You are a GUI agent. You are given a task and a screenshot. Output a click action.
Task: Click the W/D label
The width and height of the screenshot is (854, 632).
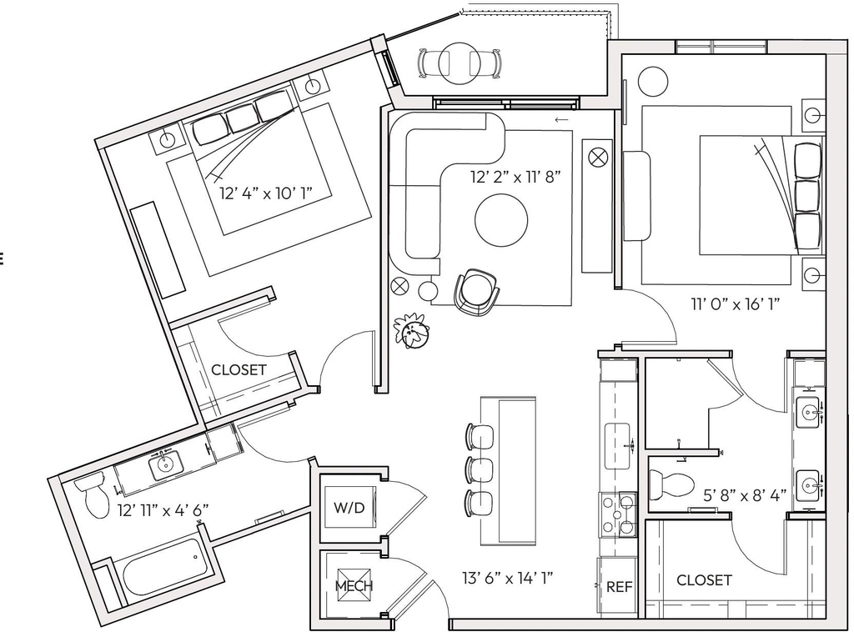[349, 508]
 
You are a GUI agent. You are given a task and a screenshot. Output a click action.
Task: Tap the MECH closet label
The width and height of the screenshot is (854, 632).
[354, 586]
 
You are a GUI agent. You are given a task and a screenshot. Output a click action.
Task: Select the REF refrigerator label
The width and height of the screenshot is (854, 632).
[620, 587]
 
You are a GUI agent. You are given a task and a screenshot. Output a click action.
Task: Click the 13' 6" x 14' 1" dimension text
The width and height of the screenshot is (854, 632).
[508, 578]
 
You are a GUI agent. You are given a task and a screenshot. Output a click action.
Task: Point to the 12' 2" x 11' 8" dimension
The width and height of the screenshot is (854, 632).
[515, 177]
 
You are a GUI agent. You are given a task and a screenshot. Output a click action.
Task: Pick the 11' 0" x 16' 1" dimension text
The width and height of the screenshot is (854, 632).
[736, 303]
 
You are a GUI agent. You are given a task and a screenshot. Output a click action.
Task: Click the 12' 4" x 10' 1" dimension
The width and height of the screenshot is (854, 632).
[267, 193]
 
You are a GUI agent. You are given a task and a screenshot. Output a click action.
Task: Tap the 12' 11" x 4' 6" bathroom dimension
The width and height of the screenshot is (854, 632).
[163, 510]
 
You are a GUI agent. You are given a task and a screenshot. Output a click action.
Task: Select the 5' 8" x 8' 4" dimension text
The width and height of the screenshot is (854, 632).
[745, 495]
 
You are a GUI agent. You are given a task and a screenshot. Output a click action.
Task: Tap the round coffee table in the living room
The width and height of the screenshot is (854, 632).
[501, 220]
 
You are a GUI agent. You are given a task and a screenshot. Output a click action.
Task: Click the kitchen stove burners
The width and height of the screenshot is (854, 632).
[618, 514]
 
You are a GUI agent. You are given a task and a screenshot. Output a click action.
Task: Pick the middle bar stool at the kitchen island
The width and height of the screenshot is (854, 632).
[480, 468]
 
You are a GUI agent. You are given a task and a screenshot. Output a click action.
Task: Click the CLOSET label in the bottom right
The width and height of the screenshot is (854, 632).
[704, 579]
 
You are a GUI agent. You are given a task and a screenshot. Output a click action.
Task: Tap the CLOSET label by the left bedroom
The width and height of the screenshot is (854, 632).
[239, 370]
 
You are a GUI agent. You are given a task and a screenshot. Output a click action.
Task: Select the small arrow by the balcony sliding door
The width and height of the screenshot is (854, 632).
[561, 120]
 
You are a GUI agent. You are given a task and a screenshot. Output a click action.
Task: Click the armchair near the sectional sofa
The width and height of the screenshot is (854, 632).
[476, 292]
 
